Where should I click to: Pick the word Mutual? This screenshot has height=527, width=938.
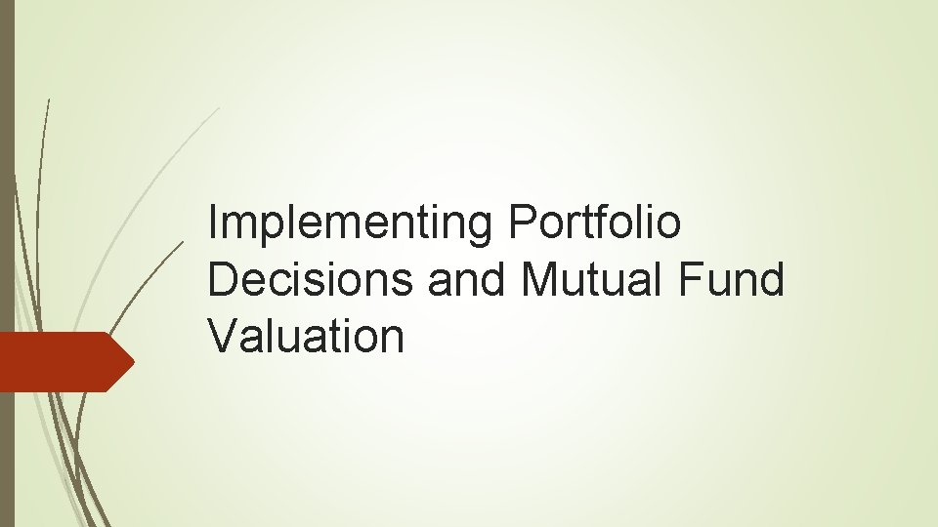pyautogui.click(x=585, y=281)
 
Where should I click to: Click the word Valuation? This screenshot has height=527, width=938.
pyautogui.click(x=306, y=337)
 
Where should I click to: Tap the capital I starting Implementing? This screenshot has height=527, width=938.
pyautogui.click(x=213, y=224)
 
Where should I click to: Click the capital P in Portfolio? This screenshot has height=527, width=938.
pyautogui.click(x=521, y=224)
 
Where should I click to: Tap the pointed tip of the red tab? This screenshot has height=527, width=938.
pyautogui.click(x=132, y=361)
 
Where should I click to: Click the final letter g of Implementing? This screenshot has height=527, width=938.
pyautogui.click(x=485, y=228)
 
